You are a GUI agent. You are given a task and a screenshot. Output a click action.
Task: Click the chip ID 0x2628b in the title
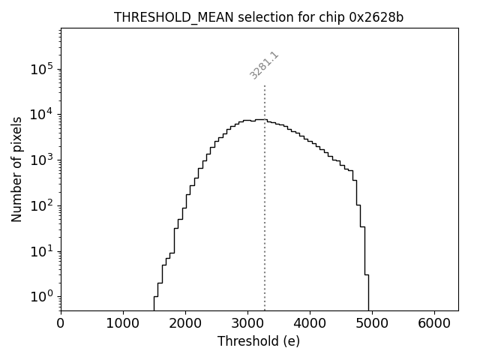point(376,17)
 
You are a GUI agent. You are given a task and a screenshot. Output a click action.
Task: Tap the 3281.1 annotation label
point(264,65)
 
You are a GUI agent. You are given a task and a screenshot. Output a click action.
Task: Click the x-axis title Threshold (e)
point(259,341)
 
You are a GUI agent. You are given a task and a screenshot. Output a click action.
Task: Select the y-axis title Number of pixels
point(16,169)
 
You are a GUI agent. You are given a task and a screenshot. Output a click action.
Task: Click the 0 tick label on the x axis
point(61,323)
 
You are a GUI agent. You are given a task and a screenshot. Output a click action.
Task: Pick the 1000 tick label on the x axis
point(123,323)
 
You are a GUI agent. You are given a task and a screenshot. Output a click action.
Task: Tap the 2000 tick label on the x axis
point(185,323)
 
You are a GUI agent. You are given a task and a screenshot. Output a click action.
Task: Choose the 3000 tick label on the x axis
point(247,323)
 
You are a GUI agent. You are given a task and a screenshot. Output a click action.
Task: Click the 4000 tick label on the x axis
point(310,323)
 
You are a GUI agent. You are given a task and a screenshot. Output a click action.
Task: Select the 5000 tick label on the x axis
point(372,323)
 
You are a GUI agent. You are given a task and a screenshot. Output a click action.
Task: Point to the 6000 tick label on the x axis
point(434,323)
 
